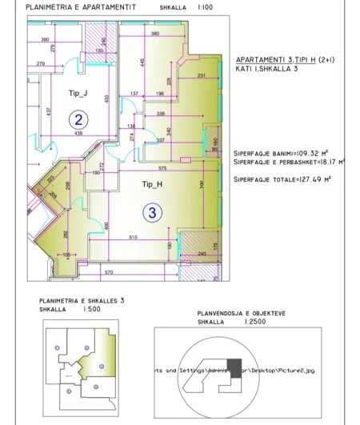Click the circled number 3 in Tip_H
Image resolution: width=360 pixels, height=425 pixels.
153,213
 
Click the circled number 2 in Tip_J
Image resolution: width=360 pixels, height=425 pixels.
79,120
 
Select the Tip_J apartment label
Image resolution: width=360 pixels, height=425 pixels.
78,94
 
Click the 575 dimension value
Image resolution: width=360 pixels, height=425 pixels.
162,168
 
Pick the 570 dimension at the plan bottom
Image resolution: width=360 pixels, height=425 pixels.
109,273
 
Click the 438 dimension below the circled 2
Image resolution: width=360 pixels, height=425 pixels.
79,133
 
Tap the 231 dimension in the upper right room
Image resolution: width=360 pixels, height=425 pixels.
202,76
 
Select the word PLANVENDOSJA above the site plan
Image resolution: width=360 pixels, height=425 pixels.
218,315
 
